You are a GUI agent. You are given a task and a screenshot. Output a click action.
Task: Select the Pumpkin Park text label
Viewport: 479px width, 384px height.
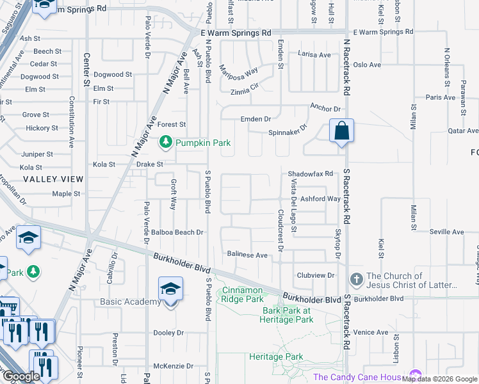point(203,143)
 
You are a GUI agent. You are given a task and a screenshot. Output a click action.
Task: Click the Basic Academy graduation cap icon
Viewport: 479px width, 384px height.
point(170,289)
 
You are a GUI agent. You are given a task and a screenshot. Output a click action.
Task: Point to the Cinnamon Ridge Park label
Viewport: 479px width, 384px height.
point(241,294)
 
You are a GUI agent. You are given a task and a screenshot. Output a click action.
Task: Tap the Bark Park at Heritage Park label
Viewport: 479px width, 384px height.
point(287,315)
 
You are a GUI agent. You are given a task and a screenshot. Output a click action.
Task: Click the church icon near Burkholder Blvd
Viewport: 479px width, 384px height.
point(357,280)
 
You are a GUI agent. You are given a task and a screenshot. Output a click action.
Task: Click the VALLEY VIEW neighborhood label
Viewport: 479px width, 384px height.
point(53,180)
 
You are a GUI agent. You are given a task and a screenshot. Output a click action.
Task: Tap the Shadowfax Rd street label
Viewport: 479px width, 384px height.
point(311,173)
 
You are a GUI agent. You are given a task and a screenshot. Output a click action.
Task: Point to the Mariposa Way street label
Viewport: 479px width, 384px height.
point(238,70)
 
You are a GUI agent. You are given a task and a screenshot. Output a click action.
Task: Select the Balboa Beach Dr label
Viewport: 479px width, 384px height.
point(177,232)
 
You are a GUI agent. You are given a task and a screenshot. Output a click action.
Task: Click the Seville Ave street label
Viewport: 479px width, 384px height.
point(428,232)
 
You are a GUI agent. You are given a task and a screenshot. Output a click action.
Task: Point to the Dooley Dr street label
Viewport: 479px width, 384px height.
point(168,333)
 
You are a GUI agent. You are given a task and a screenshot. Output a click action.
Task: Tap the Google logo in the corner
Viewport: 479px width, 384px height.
point(21,376)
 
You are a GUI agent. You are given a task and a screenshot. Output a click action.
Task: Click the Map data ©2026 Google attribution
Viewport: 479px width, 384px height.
point(439,379)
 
